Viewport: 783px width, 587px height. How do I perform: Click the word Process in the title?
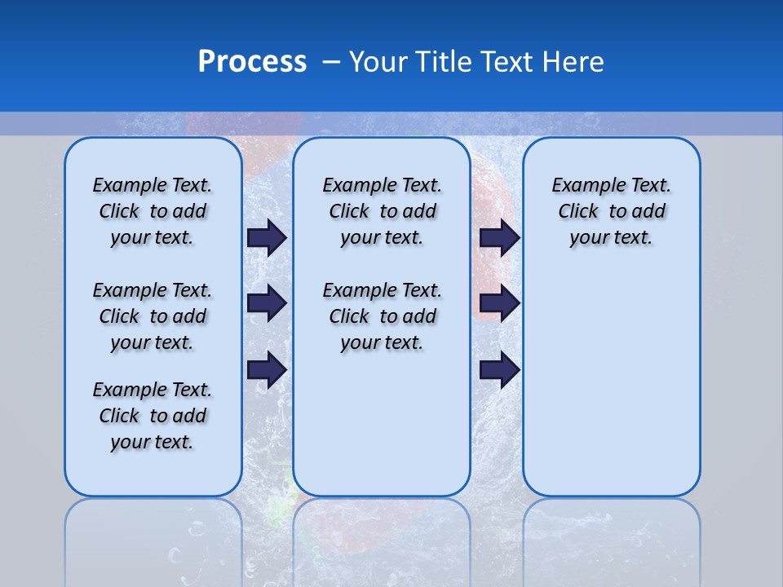point(252,62)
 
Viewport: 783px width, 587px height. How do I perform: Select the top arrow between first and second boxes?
point(267,237)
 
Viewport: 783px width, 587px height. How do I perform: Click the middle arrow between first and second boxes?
point(267,303)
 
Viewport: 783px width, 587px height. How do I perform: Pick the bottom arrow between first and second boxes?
point(267,370)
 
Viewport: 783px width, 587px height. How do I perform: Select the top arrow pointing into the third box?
point(499,237)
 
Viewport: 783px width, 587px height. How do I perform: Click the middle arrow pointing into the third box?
point(499,303)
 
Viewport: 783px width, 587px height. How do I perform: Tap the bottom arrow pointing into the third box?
point(499,370)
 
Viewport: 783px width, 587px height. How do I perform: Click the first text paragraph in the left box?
point(153,211)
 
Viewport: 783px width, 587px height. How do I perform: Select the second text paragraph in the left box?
point(153,316)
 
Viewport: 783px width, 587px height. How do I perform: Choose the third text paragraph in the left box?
point(153,416)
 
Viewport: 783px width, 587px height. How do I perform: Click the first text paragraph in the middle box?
point(382,211)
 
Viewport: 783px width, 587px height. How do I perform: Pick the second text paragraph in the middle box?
point(382,316)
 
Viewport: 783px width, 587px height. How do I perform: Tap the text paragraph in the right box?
point(611,211)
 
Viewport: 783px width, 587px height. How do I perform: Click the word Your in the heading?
point(378,62)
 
